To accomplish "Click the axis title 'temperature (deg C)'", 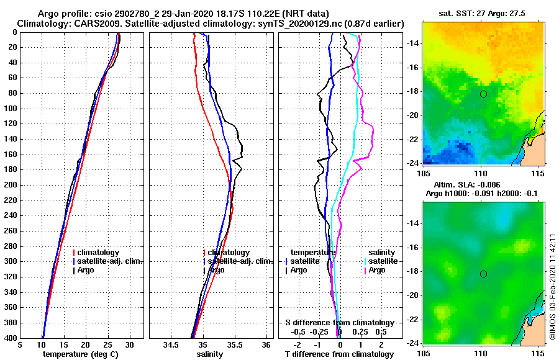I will pyautogui.click(x=81, y=354).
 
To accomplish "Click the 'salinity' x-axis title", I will pyautogui.click(x=211, y=354).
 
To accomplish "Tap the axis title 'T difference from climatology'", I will pyautogui.click(x=339, y=354).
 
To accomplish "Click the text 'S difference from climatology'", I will pyautogui.click(x=339, y=323).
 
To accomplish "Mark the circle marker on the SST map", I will pyautogui.click(x=483, y=94).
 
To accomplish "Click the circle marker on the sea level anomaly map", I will pyautogui.click(x=483, y=274).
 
